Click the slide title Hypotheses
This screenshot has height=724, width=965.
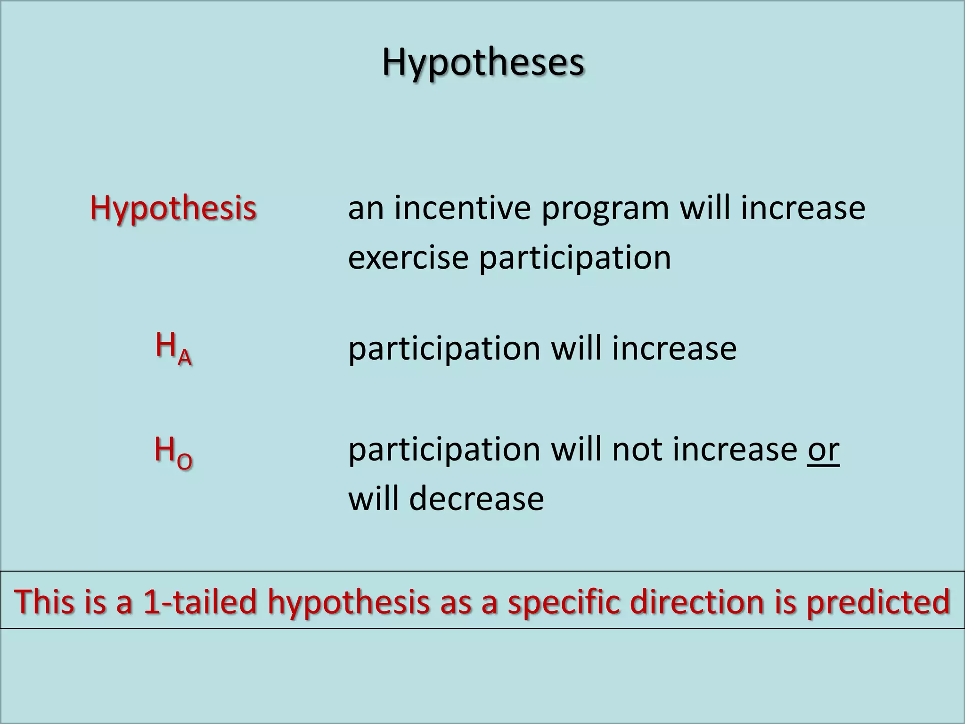tap(483, 63)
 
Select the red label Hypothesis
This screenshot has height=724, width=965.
tap(173, 208)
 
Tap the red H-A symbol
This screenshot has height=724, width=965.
tap(173, 348)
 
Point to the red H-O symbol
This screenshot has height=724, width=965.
tap(173, 452)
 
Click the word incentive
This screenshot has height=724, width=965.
tap(462, 208)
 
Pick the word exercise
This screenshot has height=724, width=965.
tap(408, 258)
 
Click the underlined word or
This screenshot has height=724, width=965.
tap(823, 450)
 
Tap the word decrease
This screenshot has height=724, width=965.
tap(476, 499)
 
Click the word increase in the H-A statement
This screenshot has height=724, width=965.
tap(674, 349)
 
